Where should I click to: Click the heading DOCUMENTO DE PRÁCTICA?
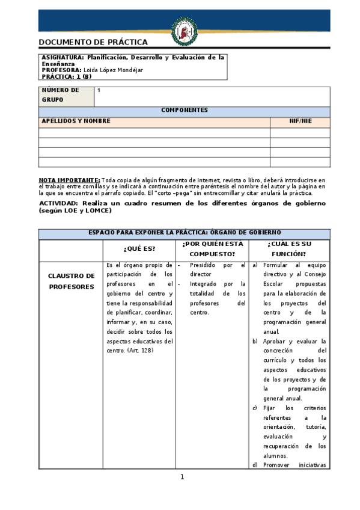(93, 43)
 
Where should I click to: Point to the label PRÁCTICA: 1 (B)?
(66, 76)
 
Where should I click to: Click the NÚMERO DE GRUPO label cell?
(66, 95)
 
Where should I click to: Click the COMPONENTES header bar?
(184, 111)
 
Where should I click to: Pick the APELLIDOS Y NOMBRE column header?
(76, 121)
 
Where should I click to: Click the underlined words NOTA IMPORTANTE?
(69, 180)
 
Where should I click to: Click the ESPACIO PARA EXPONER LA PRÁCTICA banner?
(184, 233)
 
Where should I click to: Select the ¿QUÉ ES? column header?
(139, 248)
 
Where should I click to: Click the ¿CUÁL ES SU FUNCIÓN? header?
(290, 248)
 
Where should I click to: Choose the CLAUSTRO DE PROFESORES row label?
(72, 281)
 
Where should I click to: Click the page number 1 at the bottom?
(182, 477)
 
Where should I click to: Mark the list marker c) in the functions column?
(255, 408)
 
